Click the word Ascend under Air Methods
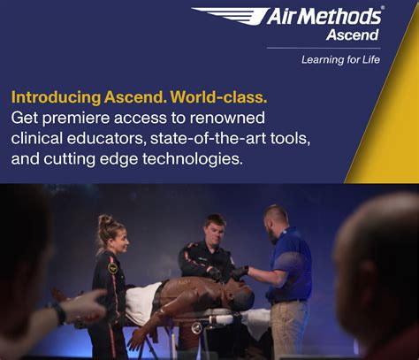352,35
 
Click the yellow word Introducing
55,96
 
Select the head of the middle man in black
215,227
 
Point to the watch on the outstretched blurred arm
59,312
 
